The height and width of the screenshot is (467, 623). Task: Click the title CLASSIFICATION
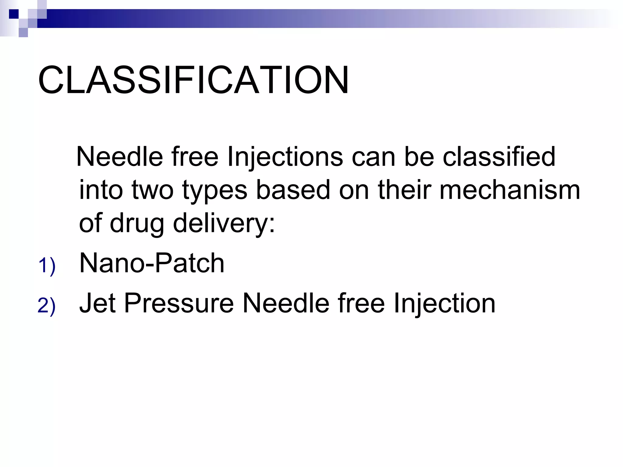coord(193,80)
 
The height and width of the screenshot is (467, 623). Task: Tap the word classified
coord(499,157)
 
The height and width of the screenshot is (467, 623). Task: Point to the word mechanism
coord(510,190)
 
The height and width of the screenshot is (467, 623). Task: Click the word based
coord(293,190)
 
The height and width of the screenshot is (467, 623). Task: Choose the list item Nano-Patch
coord(151,263)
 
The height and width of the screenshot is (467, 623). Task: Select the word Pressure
coord(179,303)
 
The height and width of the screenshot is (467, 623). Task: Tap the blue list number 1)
coord(47,266)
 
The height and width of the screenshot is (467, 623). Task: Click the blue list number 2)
coord(47,306)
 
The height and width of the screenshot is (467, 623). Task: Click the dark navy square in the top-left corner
coord(14,14)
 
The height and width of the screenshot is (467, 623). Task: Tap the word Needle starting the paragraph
coord(120,157)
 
